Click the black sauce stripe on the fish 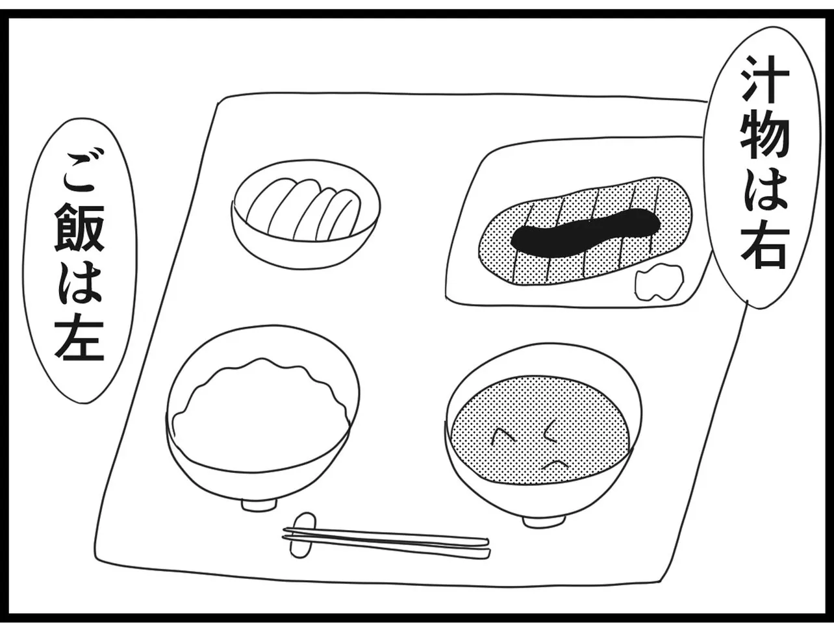pyautogui.click(x=585, y=231)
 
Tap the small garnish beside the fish pyautogui.click(x=659, y=283)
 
